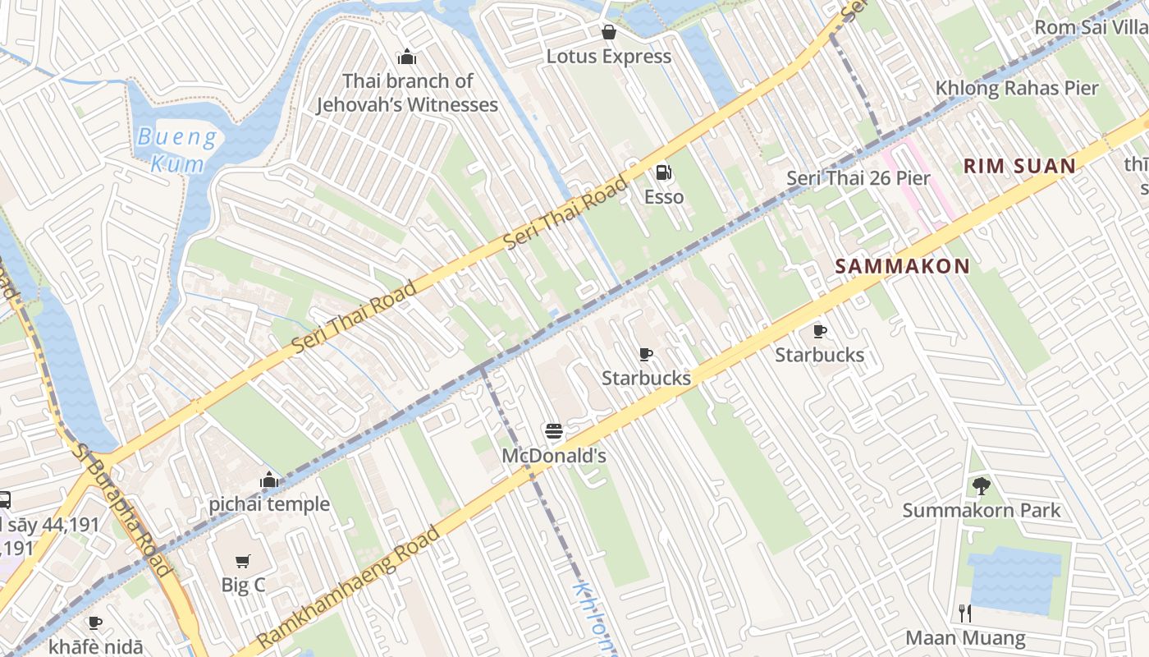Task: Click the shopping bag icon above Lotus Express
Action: point(609,32)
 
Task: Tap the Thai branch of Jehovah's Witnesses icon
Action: point(406,57)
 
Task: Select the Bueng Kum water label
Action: point(177,149)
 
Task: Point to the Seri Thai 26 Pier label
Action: point(858,178)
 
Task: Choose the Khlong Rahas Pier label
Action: point(1016,88)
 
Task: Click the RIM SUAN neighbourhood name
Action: point(1019,166)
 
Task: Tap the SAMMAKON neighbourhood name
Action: point(902,266)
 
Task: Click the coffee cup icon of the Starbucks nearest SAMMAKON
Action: point(819,331)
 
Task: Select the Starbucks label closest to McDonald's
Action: point(646,378)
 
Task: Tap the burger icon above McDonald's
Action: point(553,431)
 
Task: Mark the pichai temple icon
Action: point(268,480)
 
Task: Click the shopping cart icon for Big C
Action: point(242,561)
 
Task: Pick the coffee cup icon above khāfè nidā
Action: point(94,623)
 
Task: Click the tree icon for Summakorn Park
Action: point(981,486)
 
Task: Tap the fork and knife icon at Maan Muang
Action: point(965,613)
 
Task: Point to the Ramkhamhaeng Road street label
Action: point(348,586)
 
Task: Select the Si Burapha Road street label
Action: point(123,509)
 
